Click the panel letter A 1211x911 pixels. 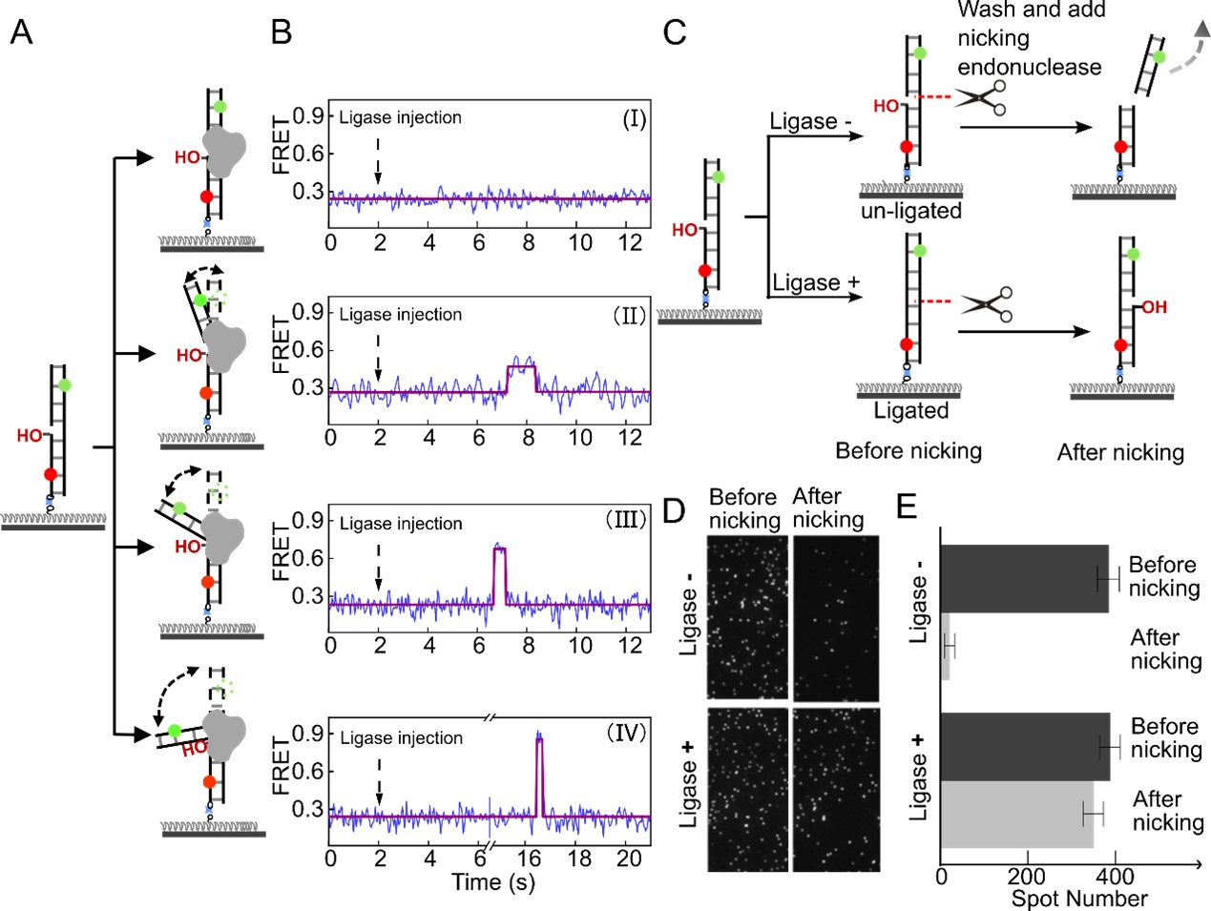[20, 32]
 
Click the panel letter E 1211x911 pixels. [907, 506]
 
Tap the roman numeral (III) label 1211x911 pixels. [626, 520]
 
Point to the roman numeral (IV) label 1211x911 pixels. [626, 733]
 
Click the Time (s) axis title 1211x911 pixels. [492, 882]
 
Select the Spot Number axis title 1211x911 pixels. [1078, 899]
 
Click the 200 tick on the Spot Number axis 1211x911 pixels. [1026, 876]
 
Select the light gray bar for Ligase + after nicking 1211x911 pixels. [1016, 814]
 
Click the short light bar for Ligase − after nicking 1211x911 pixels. [946, 647]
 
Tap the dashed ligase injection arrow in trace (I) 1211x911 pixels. [378, 157]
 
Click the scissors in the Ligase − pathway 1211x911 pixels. [981, 97]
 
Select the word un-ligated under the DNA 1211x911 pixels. [910, 211]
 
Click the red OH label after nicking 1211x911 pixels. [1154, 307]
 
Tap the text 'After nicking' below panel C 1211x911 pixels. [1119, 452]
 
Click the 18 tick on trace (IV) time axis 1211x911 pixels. [579, 859]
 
